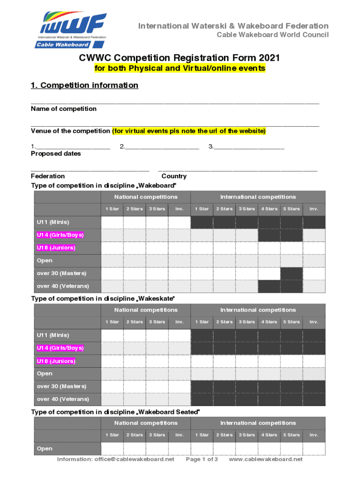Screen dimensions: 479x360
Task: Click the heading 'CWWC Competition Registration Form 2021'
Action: [x=180, y=58]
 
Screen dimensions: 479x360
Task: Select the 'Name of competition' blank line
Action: [x=175, y=102]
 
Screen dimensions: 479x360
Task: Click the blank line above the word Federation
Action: [x=90, y=170]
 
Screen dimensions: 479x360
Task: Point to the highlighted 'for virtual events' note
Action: [x=189, y=131]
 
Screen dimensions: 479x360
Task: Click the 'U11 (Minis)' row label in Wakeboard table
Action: [x=53, y=222]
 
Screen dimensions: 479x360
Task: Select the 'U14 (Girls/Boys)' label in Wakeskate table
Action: [x=60, y=348]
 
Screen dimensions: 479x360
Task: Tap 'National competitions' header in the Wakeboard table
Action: [x=146, y=197]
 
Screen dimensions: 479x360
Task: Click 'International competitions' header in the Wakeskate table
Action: [x=258, y=310]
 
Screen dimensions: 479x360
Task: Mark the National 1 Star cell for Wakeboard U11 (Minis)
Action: [x=112, y=222]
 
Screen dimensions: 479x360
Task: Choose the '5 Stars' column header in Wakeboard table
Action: [x=291, y=209]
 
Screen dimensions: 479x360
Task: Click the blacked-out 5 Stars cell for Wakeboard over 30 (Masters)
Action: [x=291, y=273]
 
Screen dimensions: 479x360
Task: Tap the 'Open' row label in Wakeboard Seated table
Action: [x=45, y=449]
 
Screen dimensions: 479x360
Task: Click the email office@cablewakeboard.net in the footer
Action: [x=115, y=459]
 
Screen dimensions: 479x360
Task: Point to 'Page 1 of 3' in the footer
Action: [x=202, y=459]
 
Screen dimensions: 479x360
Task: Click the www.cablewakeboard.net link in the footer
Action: [x=266, y=459]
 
